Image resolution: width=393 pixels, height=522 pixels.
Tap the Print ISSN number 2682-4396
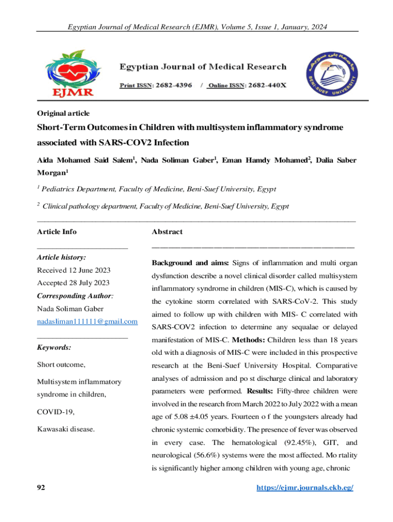tap(171, 85)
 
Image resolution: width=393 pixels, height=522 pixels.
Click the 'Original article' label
tap(63, 113)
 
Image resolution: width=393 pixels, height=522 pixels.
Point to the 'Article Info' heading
tap(57, 232)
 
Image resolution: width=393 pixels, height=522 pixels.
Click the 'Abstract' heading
tap(167, 232)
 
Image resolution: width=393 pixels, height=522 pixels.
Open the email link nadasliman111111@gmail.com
tap(88, 322)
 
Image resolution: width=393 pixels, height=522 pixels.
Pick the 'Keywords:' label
tap(54, 348)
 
